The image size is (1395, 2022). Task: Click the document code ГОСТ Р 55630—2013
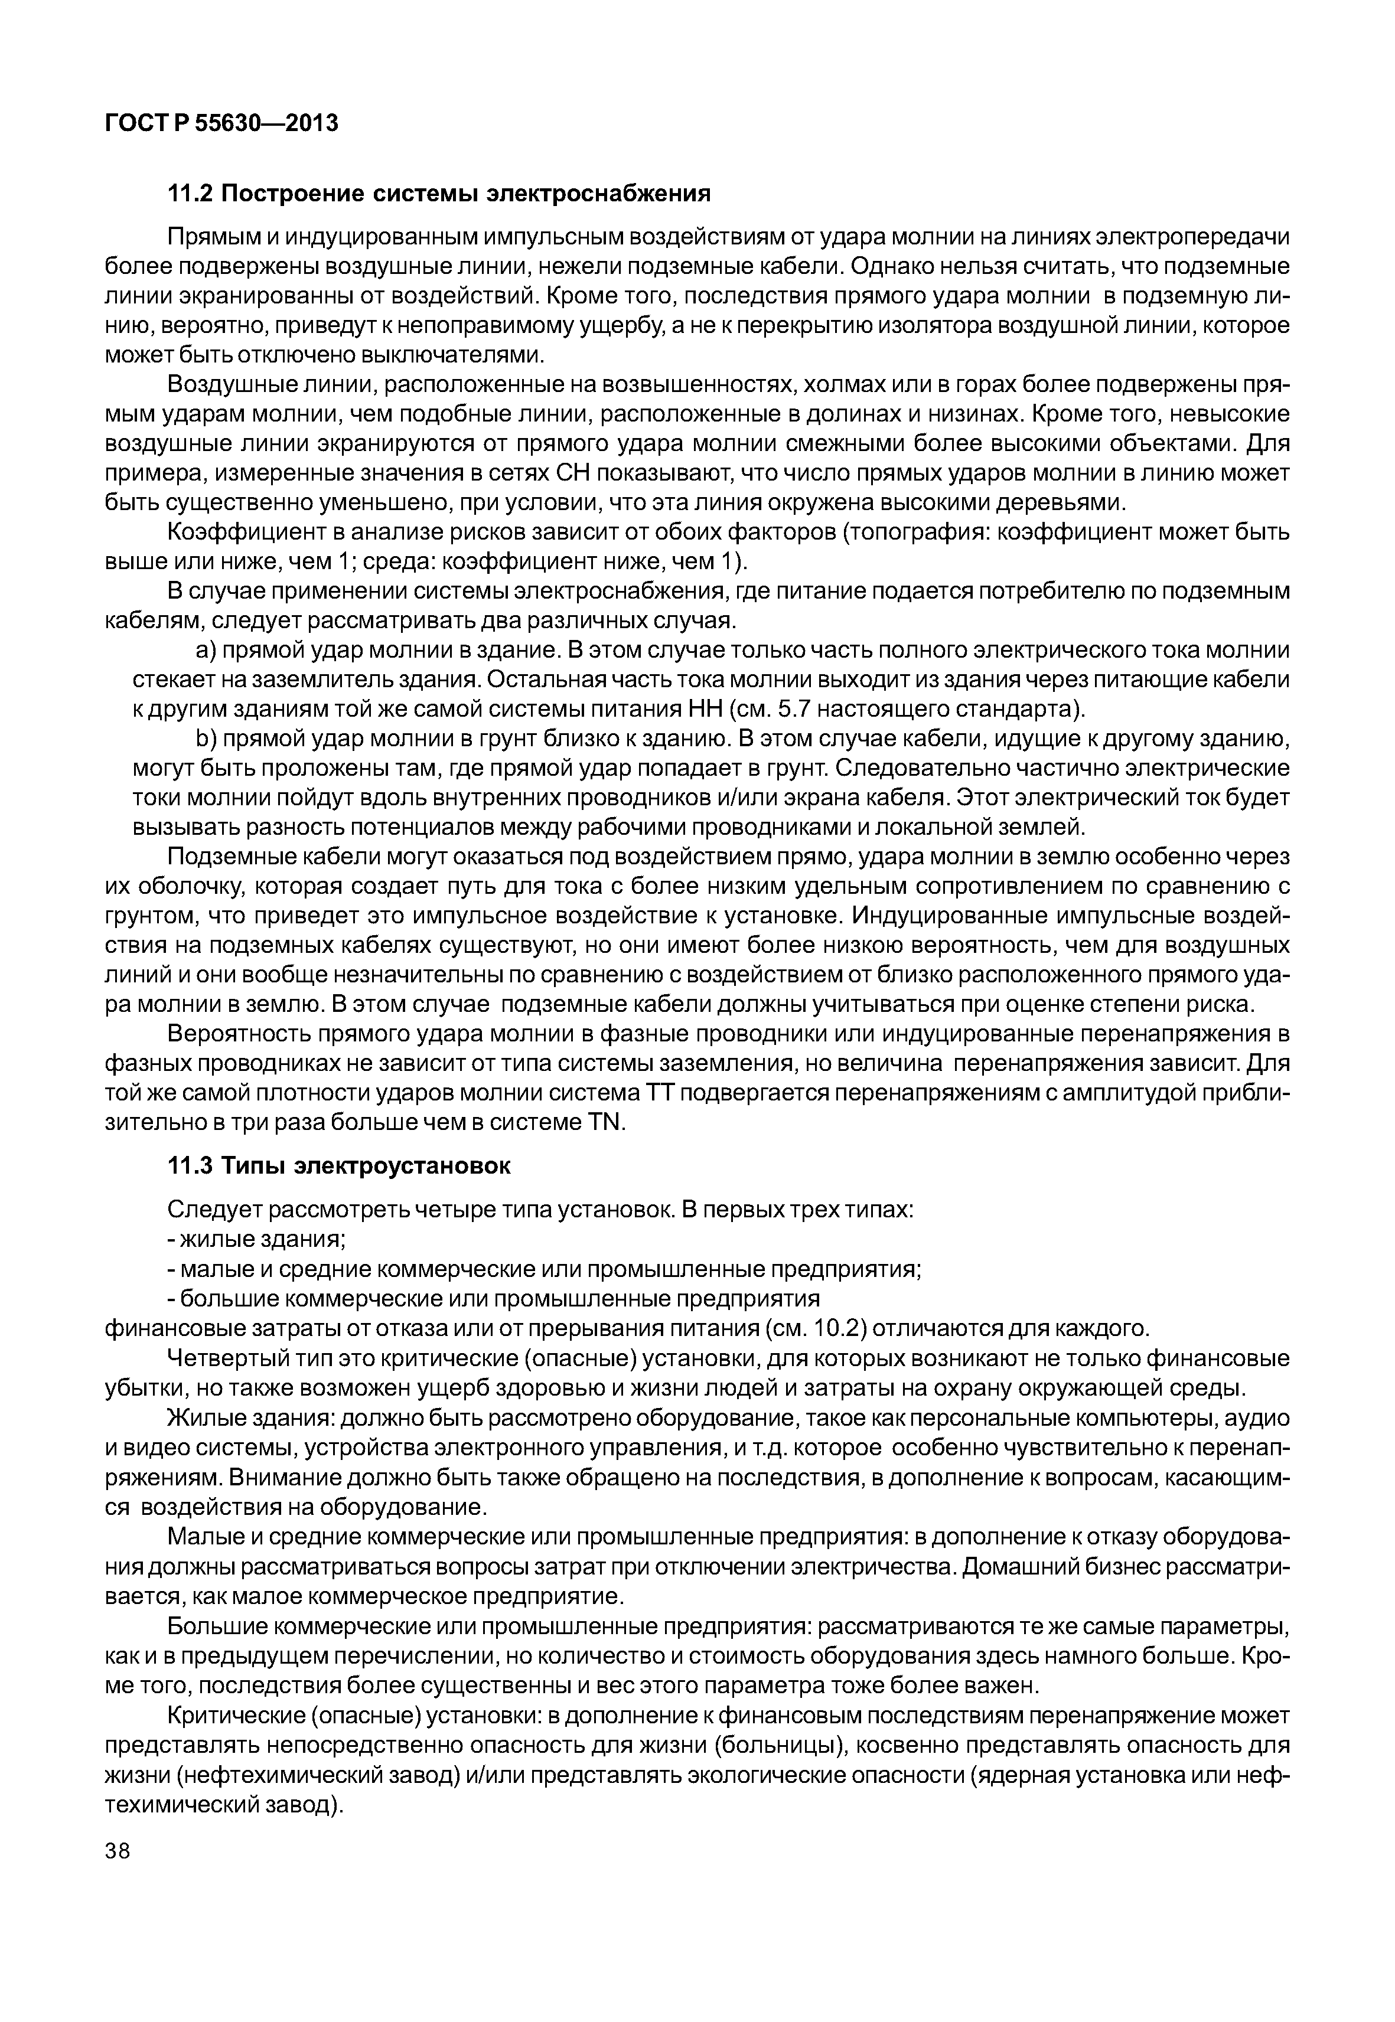pyautogui.click(x=221, y=124)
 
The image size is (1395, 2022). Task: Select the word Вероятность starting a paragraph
pyautogui.click(x=238, y=1034)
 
